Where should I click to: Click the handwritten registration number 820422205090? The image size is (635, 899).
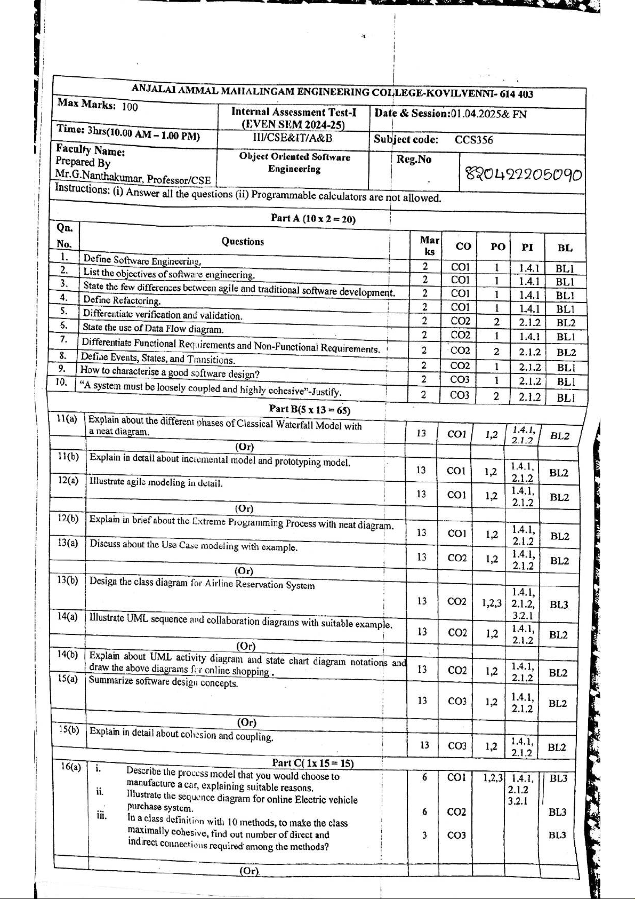click(524, 174)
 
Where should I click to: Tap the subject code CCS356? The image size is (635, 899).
click(473, 140)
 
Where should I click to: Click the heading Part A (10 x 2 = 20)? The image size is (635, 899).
click(313, 219)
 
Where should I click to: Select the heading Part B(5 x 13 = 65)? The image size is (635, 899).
click(310, 409)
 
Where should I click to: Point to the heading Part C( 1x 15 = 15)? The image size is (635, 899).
click(312, 763)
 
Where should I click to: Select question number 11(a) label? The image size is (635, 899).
click(67, 419)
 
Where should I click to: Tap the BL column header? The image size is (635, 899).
click(565, 248)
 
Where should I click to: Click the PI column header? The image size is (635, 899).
click(527, 247)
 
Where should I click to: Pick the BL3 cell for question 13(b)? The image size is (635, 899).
click(559, 604)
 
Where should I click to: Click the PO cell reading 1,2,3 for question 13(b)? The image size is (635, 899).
click(492, 603)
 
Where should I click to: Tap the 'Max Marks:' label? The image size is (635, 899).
click(86, 104)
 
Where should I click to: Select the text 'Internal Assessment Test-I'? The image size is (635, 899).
click(293, 112)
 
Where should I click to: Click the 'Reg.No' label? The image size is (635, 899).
click(414, 160)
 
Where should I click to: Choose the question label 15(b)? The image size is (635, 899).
click(68, 729)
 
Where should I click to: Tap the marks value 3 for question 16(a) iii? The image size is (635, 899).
click(424, 835)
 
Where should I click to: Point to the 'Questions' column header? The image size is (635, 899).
click(243, 241)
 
